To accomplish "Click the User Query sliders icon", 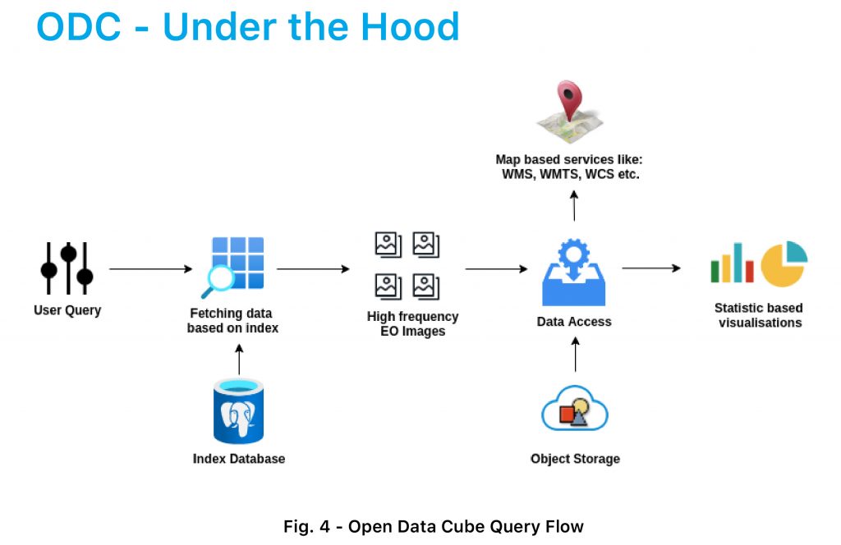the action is pos(67,268).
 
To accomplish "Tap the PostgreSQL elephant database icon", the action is pos(239,411).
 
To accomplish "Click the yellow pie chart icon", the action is pos(784,263).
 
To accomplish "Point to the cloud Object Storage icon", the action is pos(574,409).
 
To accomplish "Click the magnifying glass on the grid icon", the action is pos(218,280).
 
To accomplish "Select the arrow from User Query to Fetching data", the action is pos(151,268).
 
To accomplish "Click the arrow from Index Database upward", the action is pos(239,359).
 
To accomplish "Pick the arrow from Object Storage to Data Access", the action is pos(576,355).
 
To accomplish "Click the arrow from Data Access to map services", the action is pos(574,206).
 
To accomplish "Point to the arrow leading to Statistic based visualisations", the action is pos(651,268).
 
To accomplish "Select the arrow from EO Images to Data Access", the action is pos(497,268).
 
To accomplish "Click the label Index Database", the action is pos(239,459).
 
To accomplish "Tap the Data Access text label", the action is pos(574,322).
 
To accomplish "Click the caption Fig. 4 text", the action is pos(307,526).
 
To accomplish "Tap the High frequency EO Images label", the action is pos(412,323).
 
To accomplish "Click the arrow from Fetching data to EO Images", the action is pos(313,268).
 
